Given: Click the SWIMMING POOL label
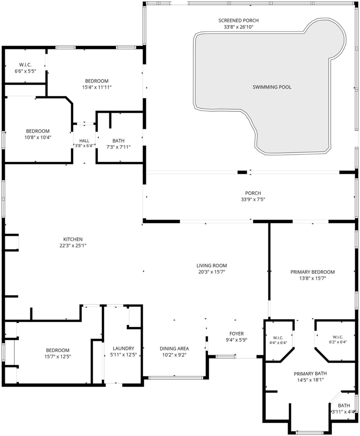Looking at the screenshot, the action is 272,87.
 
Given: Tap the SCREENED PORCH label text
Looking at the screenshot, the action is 239,20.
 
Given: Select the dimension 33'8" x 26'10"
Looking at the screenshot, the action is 239,27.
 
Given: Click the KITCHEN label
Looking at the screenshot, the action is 73,239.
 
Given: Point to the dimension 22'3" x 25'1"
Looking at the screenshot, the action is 73,246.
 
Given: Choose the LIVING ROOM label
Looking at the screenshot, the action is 212,266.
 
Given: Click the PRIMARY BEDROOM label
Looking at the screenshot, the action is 312,272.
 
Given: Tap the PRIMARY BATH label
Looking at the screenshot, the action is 310,373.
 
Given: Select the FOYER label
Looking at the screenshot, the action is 236,333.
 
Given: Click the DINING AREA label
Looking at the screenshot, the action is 174,348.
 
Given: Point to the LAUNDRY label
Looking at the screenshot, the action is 124,348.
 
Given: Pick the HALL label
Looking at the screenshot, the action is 84,141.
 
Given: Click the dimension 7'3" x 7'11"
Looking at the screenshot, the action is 118,147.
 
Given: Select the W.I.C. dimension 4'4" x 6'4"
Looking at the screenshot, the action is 278,343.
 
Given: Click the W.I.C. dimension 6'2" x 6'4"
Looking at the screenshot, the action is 338,342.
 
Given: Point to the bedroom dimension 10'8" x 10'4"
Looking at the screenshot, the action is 38,138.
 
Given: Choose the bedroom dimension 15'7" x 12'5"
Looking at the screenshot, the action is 58,357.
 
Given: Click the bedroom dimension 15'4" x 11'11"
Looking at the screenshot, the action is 97,87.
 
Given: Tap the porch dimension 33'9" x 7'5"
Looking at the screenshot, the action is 253,199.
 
